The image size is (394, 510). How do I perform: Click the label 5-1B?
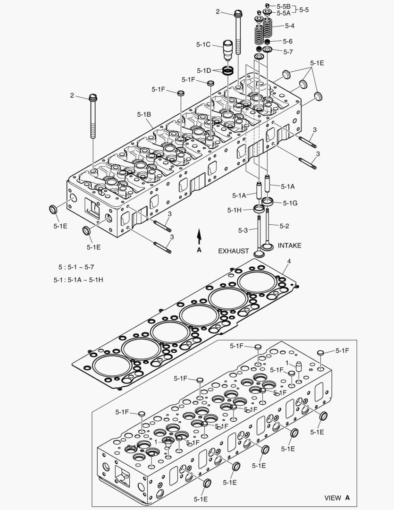[x=144, y=114]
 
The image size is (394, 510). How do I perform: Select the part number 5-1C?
[x=203, y=44]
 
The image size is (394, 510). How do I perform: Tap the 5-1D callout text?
[x=204, y=71]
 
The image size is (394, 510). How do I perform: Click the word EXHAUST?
[x=233, y=251]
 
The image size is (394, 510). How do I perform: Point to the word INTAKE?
[x=289, y=246]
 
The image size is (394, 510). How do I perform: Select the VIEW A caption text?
[x=337, y=498]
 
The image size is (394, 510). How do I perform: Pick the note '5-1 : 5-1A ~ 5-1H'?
[x=78, y=280]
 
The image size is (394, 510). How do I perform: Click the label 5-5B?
[x=284, y=6]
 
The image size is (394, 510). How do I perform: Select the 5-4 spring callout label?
[x=289, y=25]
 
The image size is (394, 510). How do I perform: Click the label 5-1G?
[x=290, y=203]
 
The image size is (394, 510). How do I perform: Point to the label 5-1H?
[x=235, y=210]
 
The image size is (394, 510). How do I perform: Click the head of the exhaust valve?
[x=259, y=253]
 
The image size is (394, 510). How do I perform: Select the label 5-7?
[x=288, y=51]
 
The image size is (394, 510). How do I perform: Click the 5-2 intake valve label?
[x=284, y=226]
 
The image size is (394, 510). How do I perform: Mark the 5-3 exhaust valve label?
[x=243, y=230]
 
